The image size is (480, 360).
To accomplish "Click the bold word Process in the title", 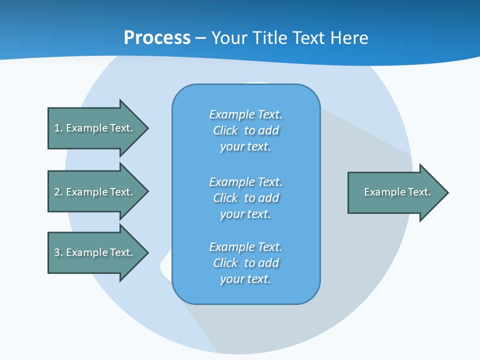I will pyautogui.click(x=157, y=38).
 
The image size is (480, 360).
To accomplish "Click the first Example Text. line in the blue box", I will pyautogui.click(x=245, y=114).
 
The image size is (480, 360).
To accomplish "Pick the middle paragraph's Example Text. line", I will pyautogui.click(x=245, y=181).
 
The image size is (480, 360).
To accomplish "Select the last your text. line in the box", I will pyautogui.click(x=245, y=279).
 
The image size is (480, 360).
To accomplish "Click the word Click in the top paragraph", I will pyautogui.click(x=225, y=130).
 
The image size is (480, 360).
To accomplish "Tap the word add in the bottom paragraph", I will pyautogui.click(x=269, y=263).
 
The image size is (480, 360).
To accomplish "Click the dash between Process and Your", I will pyautogui.click(x=200, y=38).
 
